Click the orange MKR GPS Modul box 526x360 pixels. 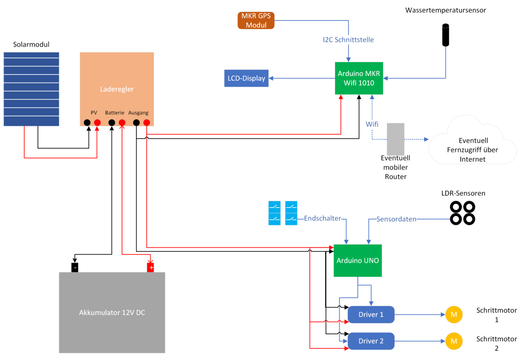click(x=256, y=21)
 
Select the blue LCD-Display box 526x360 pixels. click(x=246, y=78)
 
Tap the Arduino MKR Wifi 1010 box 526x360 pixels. click(x=359, y=78)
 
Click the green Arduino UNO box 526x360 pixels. click(x=358, y=260)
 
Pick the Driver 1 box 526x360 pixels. click(x=371, y=314)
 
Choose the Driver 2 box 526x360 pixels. click(x=371, y=341)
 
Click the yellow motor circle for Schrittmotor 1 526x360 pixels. click(x=454, y=314)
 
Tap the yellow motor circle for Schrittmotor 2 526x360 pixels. click(x=454, y=341)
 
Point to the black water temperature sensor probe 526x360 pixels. click(x=446, y=35)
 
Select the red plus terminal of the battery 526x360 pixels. click(x=151, y=267)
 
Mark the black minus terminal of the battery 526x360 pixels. click(x=75, y=267)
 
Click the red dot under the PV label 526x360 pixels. click(x=97, y=123)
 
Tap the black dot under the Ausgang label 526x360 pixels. click(x=136, y=123)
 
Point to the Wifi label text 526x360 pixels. click(x=372, y=124)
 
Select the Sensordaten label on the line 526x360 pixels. click(x=396, y=219)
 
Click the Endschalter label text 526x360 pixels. click(x=322, y=218)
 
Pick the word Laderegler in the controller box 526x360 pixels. click(x=117, y=89)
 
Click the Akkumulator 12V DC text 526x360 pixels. click(x=112, y=313)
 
